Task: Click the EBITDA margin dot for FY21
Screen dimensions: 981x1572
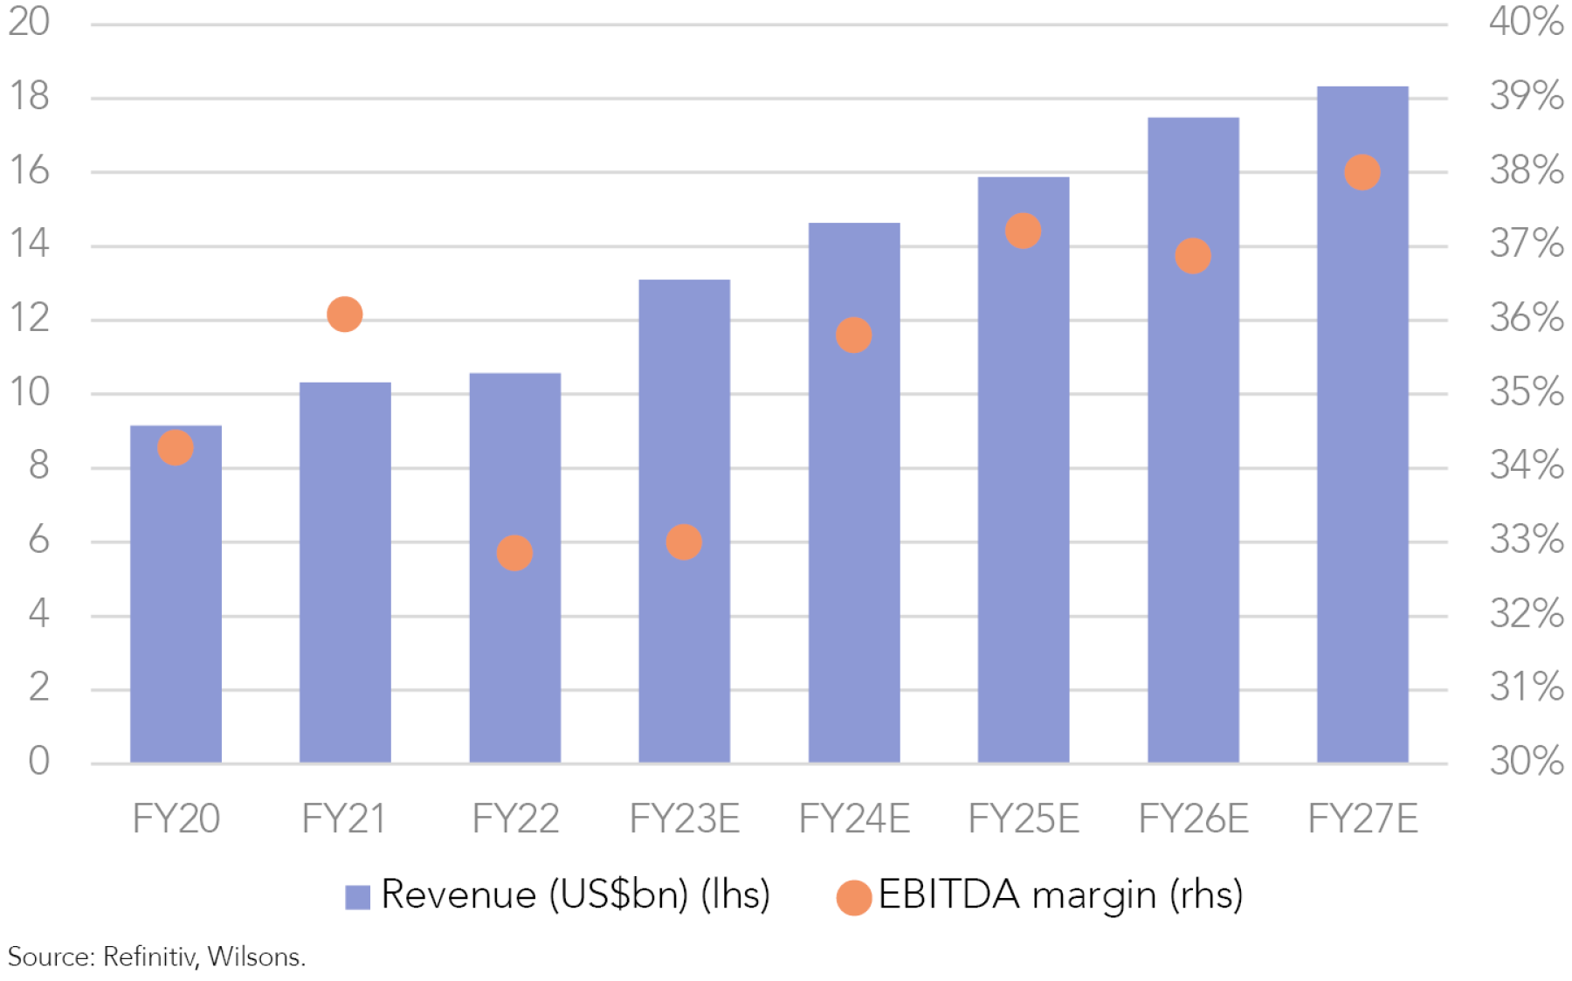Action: pos(345,314)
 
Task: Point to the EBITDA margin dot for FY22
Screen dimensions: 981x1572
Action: pos(514,553)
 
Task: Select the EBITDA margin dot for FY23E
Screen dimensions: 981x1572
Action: pos(684,542)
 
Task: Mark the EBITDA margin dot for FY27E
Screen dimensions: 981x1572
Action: pos(1362,172)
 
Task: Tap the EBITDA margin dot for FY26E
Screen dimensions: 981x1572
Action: pos(1193,256)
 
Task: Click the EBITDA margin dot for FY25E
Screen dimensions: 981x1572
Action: pos(1023,231)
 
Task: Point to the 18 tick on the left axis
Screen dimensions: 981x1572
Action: pos(30,96)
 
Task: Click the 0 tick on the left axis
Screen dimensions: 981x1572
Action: pos(38,761)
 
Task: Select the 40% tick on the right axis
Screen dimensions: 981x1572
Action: pos(1526,22)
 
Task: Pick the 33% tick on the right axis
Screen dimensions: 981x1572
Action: pos(1526,540)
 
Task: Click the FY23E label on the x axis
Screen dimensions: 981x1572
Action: pos(685,819)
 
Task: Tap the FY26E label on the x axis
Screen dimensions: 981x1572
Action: pos(1193,819)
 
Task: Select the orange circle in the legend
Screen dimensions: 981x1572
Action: pos(854,897)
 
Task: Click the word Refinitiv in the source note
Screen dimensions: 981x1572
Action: pos(149,957)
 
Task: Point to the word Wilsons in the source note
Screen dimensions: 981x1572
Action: pos(255,957)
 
